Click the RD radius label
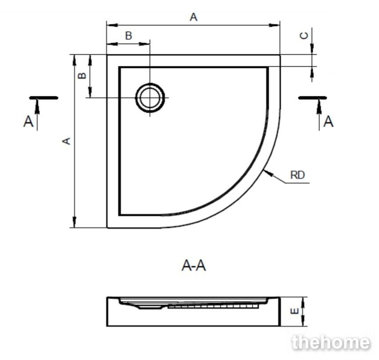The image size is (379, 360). click(x=297, y=175)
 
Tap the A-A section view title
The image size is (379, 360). click(x=194, y=266)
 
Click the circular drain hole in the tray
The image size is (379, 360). click(x=150, y=98)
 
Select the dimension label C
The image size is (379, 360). click(x=304, y=36)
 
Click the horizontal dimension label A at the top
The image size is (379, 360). click(x=194, y=17)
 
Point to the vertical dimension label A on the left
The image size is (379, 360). click(x=67, y=141)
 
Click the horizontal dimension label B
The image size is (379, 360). click(x=128, y=36)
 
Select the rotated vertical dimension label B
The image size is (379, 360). click(x=82, y=75)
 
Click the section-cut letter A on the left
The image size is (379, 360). click(x=28, y=122)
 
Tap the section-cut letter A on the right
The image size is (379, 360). click(x=328, y=122)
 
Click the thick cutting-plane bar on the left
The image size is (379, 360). click(x=44, y=98)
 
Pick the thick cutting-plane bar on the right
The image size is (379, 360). click(x=313, y=98)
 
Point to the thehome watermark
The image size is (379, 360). click(x=331, y=342)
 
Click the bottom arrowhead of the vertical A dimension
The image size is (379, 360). click(x=75, y=222)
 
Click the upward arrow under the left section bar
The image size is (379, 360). click(x=37, y=107)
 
